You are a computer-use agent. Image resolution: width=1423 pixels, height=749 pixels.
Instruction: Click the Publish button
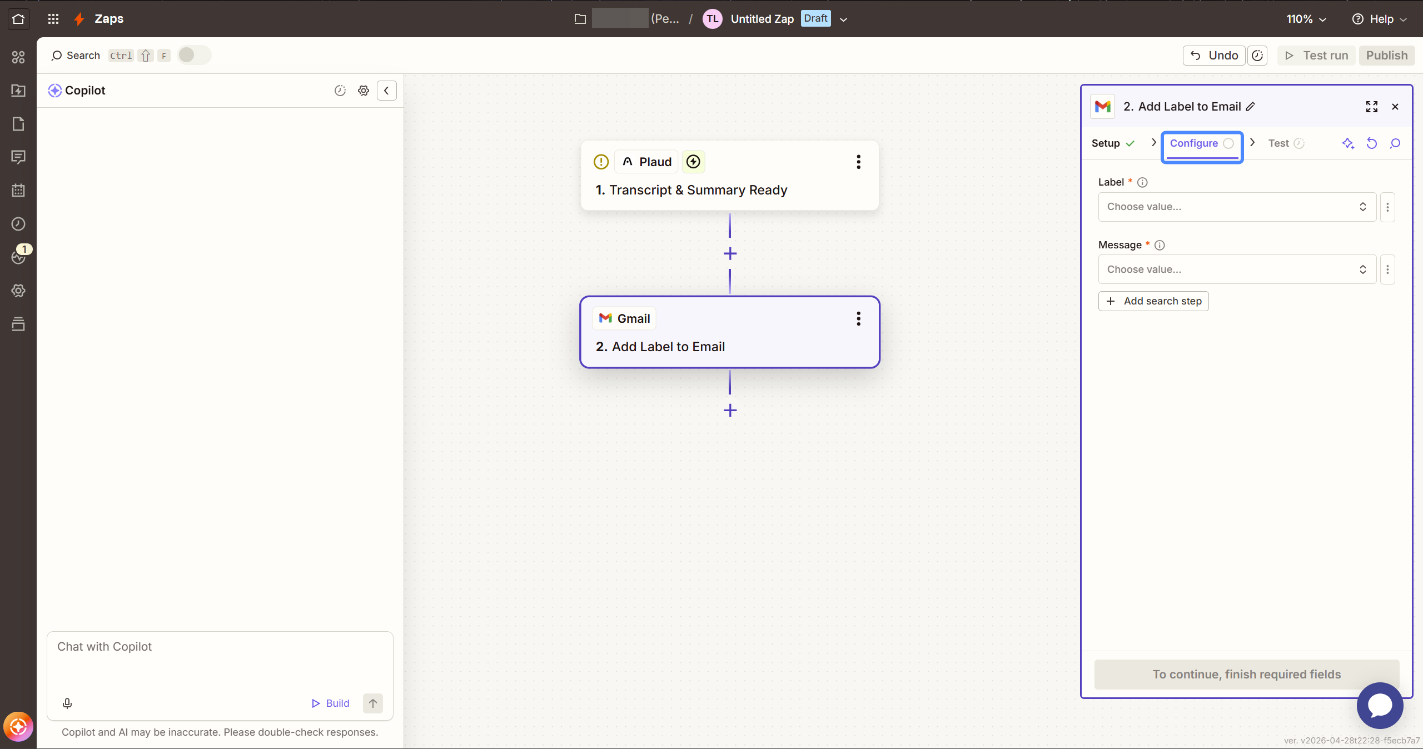[x=1386, y=56]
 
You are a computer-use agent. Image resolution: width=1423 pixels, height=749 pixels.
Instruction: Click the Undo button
[x=1214, y=56]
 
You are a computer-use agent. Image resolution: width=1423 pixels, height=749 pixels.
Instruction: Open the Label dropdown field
[x=1237, y=207]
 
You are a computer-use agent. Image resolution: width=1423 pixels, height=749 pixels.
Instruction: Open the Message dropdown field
[x=1237, y=269]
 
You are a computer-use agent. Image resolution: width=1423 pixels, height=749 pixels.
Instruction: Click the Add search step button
[x=1153, y=301]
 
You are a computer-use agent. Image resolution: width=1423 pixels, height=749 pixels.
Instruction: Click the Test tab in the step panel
[x=1286, y=143]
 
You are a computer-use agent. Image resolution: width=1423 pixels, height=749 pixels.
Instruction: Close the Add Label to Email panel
[x=1395, y=107]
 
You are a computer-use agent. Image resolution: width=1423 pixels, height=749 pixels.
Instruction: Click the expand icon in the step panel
[x=1372, y=107]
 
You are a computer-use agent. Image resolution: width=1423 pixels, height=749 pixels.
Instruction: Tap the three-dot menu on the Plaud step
[x=859, y=162]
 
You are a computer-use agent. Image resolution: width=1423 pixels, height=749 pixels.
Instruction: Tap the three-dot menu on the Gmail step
[x=859, y=318]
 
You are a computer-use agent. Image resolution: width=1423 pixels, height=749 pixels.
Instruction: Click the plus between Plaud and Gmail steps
[x=730, y=254]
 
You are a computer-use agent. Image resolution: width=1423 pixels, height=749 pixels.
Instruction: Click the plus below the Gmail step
[x=730, y=411]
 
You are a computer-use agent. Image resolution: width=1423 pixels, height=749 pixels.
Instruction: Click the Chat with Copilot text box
[x=220, y=661]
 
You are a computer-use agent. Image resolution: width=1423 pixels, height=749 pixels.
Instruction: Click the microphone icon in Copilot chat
[x=67, y=703]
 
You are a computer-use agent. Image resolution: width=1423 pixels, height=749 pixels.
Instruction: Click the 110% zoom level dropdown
[x=1306, y=19]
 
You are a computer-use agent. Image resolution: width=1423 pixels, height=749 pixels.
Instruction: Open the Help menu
[x=1380, y=19]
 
